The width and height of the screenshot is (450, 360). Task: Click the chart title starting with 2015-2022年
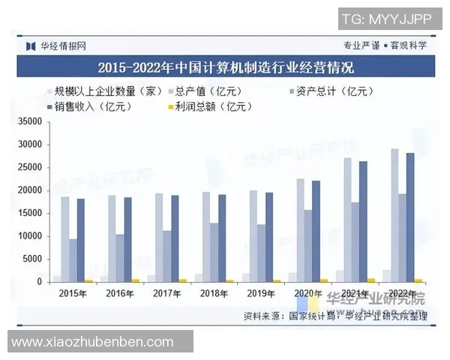click(x=225, y=67)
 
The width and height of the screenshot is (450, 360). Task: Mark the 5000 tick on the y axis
click(x=33, y=259)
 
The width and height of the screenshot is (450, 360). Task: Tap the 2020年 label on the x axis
click(x=307, y=294)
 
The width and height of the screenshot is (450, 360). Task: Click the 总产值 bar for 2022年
click(x=394, y=215)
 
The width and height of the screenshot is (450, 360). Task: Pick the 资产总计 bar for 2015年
click(x=73, y=260)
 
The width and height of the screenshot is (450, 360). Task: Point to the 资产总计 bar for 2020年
click(x=307, y=245)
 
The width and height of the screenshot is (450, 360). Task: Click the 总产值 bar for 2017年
click(x=159, y=238)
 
